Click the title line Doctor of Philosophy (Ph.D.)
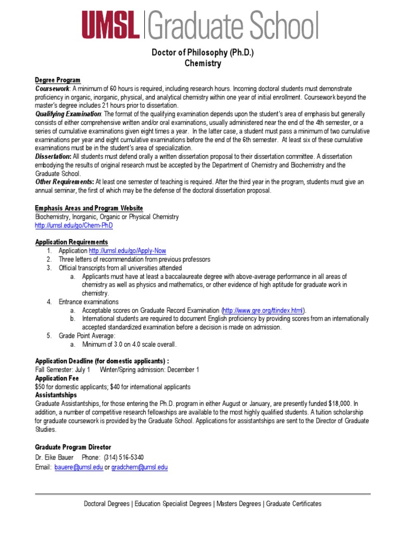[203, 53]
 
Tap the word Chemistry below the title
[203, 64]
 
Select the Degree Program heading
[58, 80]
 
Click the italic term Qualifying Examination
[68, 114]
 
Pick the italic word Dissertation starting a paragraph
[53, 156]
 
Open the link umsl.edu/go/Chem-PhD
[73, 225]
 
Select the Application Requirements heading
[72, 242]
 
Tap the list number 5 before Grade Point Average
[48, 336]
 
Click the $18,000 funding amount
[341, 403]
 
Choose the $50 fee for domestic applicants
[41, 387]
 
